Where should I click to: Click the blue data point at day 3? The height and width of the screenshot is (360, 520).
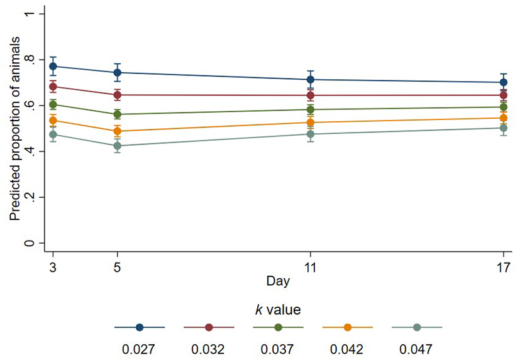pos(53,66)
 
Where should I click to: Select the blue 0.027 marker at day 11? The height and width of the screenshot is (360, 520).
pos(310,80)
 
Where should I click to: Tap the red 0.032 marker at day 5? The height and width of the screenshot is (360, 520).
pos(117,95)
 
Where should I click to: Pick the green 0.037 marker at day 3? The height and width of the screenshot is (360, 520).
pos(53,104)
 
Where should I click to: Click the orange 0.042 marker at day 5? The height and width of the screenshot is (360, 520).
pos(117,131)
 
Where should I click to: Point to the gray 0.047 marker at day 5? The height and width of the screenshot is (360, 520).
pos(117,146)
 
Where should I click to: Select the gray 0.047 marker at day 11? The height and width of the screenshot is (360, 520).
pos(310,134)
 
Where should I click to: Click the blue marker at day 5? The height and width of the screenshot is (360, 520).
pos(117,72)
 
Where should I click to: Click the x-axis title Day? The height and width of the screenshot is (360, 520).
pos(278,281)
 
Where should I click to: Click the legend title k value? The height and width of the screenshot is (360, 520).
pos(278,309)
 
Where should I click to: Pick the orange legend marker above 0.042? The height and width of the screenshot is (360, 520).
pos(347,327)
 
